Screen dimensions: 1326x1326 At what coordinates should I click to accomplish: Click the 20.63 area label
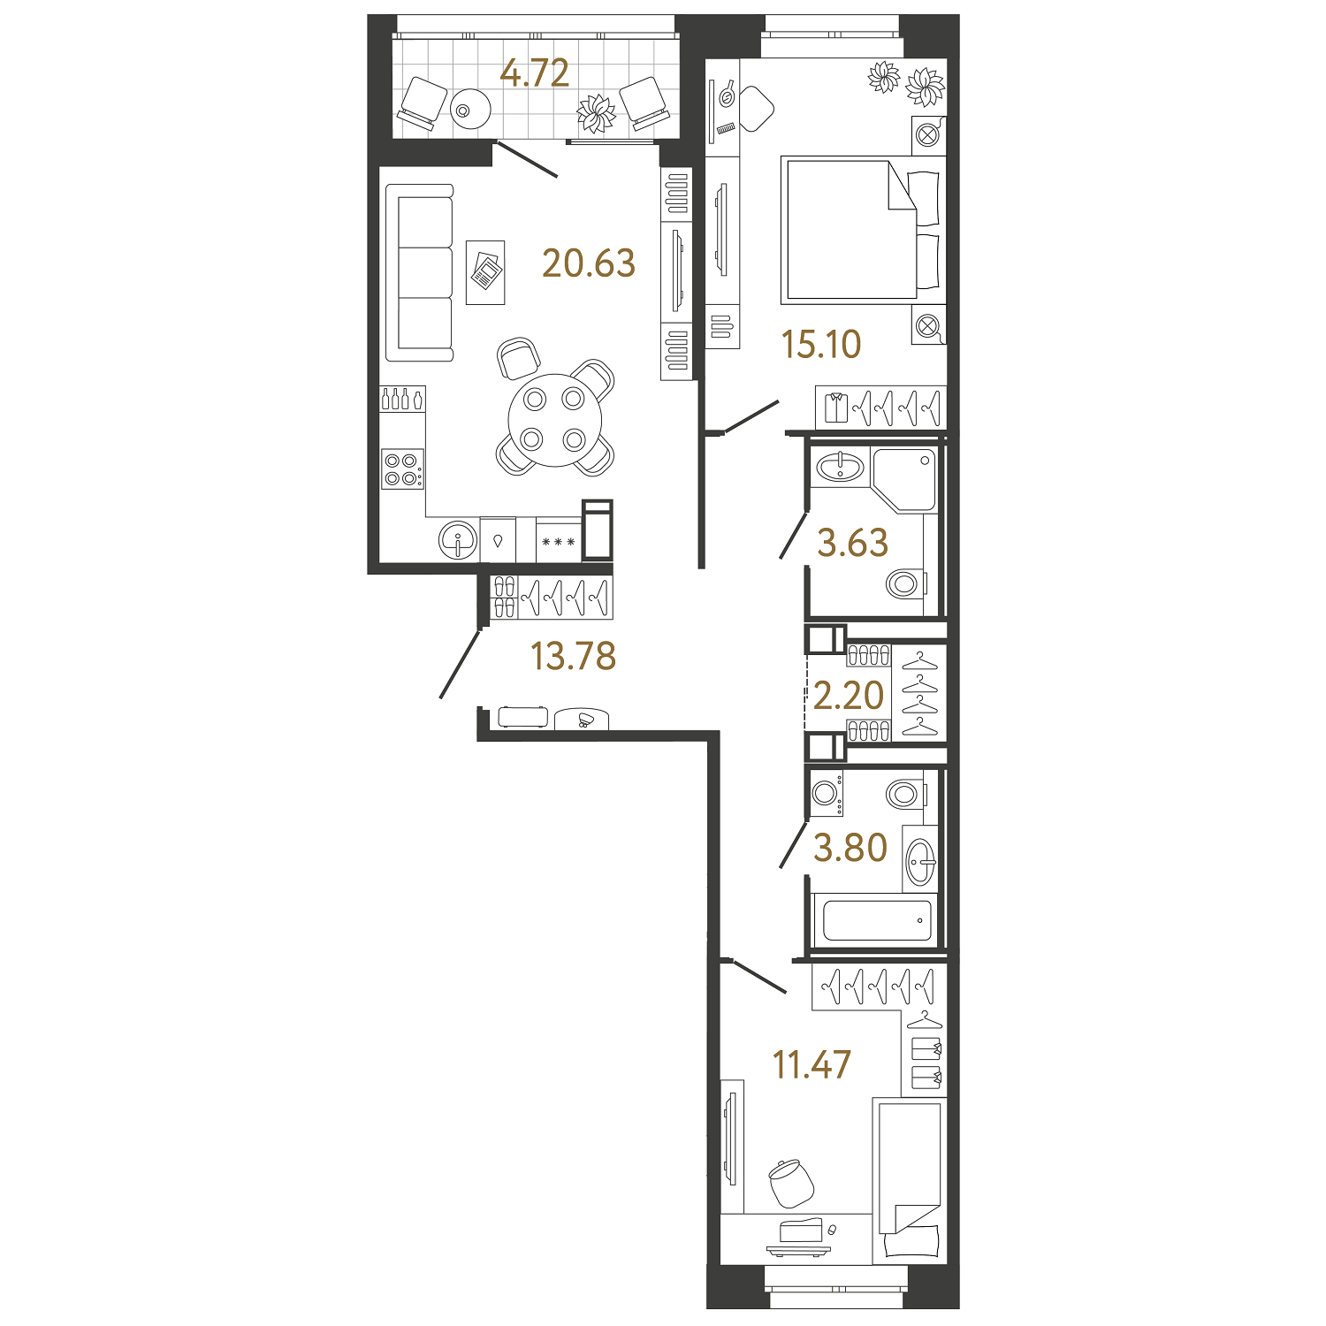coord(589,263)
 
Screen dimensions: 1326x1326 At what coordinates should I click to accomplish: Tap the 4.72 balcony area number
coord(534,72)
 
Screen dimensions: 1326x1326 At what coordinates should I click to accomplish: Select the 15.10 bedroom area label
coord(821,344)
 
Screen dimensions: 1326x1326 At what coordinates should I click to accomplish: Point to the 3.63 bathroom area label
coord(852,543)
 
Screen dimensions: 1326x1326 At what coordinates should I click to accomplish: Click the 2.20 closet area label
coord(849,696)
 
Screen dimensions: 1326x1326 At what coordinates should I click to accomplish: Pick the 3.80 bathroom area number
coord(850,848)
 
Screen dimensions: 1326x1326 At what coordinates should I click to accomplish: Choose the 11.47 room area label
coord(812,1065)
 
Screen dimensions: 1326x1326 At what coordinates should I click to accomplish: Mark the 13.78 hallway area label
coord(573,656)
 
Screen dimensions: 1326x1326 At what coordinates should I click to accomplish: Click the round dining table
coord(554,420)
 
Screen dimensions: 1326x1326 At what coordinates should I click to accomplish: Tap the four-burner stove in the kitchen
coord(402,469)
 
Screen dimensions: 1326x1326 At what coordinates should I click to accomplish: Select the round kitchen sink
coord(458,539)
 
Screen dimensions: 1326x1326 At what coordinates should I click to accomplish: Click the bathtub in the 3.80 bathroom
coord(877,920)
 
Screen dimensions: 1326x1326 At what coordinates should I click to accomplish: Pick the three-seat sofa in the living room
coord(421,273)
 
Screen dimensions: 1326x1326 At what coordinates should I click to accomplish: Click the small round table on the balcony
coord(469,110)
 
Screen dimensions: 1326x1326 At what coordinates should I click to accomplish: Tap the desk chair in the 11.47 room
coord(789,1183)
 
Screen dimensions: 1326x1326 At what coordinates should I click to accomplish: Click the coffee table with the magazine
coord(485,271)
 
